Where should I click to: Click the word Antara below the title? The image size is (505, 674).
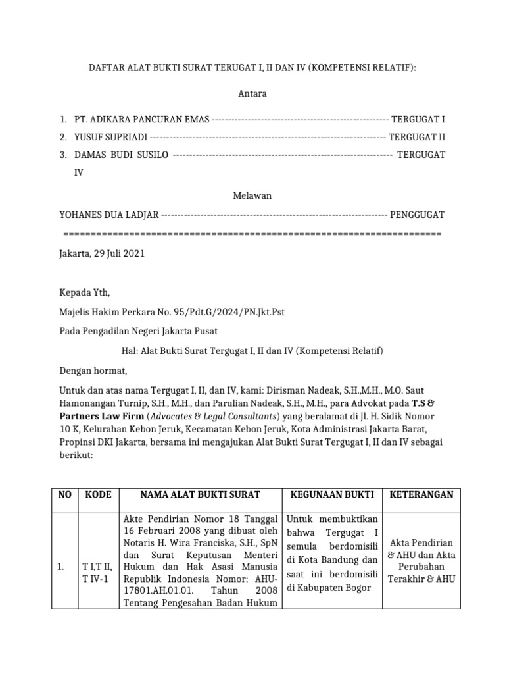(252, 94)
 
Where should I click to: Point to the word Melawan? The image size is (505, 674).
(252, 195)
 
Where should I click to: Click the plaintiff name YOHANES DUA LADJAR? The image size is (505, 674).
(108, 215)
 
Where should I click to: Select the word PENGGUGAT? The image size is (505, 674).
(417, 215)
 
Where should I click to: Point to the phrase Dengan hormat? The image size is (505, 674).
(91, 370)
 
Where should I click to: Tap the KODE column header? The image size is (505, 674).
(98, 494)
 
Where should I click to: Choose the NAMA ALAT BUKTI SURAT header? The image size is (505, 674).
(200, 494)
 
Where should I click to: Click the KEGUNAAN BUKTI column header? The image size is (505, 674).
(331, 494)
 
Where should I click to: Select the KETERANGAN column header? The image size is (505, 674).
(421, 494)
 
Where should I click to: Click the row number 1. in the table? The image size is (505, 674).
(62, 565)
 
